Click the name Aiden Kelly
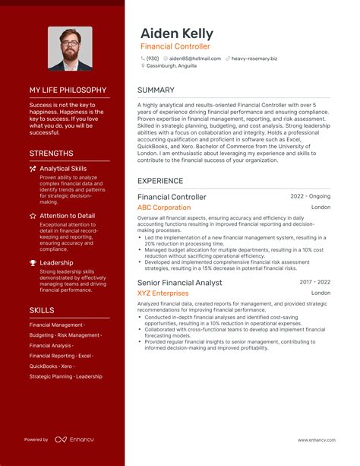click(x=176, y=34)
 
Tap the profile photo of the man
click(x=70, y=49)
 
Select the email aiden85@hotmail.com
click(x=189, y=58)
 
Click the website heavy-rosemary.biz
click(x=254, y=58)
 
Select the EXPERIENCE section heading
click(x=160, y=181)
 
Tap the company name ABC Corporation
click(x=164, y=208)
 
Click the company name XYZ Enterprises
click(x=163, y=293)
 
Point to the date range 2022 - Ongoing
click(x=311, y=196)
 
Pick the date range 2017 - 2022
click(x=315, y=282)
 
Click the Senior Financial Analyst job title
click(x=179, y=283)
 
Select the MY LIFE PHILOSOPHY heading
click(x=67, y=90)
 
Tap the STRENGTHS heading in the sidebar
click(x=51, y=154)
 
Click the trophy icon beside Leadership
click(x=33, y=263)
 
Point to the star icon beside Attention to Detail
click(x=33, y=216)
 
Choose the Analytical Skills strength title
click(x=63, y=169)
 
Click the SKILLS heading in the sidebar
click(x=41, y=310)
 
